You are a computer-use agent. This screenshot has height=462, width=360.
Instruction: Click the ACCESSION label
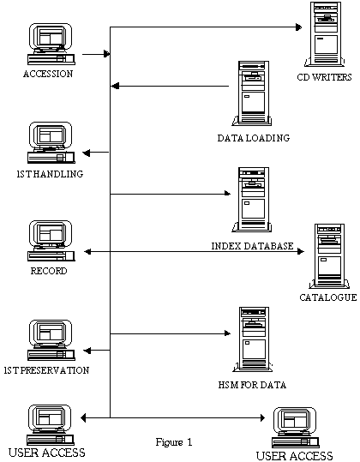(48, 74)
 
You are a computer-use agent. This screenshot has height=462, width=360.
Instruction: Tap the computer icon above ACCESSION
(51, 44)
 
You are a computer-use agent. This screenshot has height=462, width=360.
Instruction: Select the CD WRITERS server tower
(325, 34)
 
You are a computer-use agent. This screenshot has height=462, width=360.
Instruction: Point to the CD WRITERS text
(324, 77)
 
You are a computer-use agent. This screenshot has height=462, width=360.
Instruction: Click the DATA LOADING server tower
(253, 93)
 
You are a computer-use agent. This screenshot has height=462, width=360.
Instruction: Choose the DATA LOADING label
(254, 138)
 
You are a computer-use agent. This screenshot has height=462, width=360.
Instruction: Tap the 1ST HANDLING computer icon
(51, 142)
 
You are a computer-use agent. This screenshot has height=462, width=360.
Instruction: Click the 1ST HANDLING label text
(50, 174)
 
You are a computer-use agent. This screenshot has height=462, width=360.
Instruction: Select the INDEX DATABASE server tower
(253, 200)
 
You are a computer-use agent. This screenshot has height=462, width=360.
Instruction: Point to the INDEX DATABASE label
(253, 246)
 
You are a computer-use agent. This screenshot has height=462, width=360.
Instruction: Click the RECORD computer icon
(51, 241)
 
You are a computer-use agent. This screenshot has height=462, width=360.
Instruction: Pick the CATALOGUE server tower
(329, 256)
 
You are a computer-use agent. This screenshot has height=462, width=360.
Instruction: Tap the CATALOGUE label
(328, 297)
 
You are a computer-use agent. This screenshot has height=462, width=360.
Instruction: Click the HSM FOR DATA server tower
(253, 339)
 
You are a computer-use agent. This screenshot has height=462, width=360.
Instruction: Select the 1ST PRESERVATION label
(46, 370)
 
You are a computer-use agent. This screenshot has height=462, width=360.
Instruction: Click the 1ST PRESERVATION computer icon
(51, 340)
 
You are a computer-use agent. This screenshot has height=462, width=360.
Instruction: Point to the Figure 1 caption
(174, 442)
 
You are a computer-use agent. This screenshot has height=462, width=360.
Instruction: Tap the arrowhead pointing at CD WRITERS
(299, 27)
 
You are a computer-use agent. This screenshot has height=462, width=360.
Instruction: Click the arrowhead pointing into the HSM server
(227, 333)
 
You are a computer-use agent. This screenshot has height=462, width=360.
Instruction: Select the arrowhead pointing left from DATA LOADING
(115, 86)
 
